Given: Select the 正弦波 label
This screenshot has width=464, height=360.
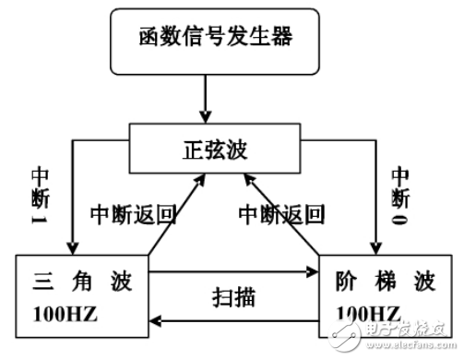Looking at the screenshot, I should point(220,147).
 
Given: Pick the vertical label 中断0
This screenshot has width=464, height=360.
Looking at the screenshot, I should point(400,194).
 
